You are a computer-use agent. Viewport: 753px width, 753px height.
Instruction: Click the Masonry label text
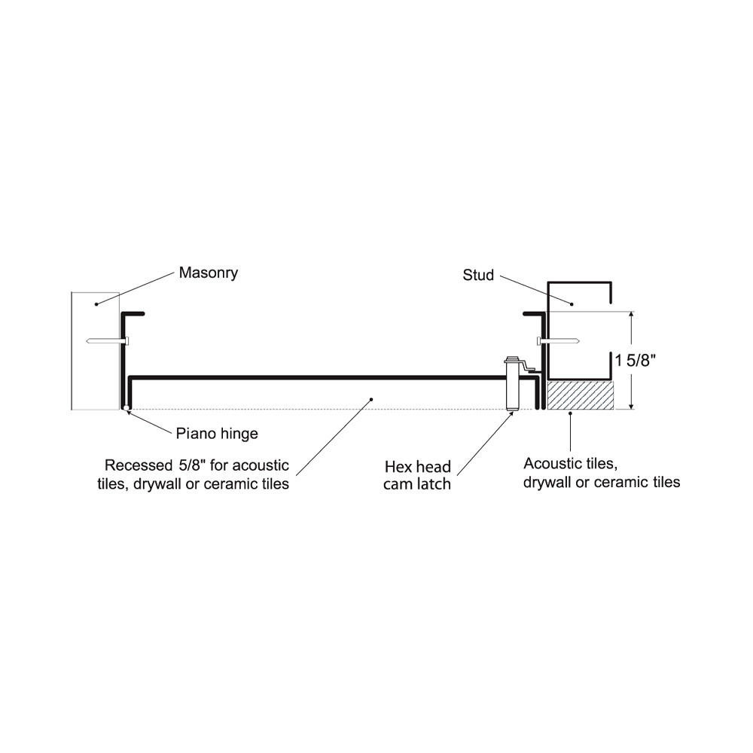[208, 273]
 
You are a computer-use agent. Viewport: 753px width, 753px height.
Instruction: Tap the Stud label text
[478, 276]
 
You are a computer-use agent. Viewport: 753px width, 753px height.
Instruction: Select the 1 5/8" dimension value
[637, 361]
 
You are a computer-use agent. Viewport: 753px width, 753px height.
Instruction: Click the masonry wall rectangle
[95, 350]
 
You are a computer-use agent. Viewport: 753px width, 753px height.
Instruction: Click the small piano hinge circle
[125, 409]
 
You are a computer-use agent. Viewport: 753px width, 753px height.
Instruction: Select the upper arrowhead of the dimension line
[631, 316]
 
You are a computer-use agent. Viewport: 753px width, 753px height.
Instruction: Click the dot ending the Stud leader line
[572, 304]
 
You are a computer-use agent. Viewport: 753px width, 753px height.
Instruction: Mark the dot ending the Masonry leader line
[96, 303]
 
